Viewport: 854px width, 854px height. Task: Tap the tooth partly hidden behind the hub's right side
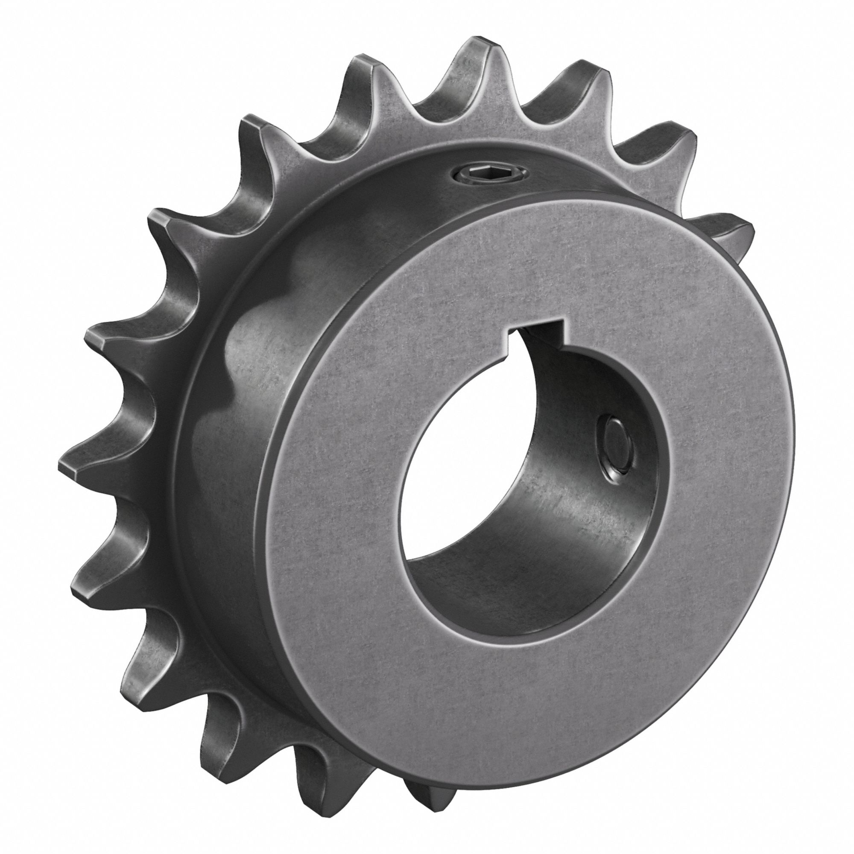(731, 230)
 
